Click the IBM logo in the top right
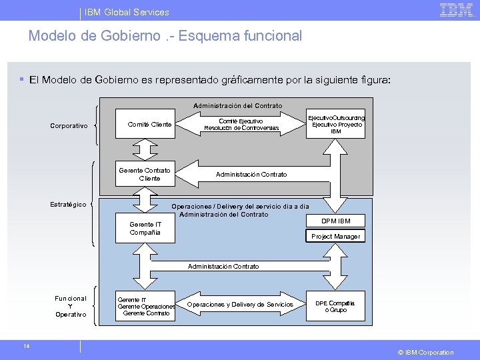pyautogui.click(x=456, y=10)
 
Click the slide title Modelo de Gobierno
pyautogui.click(x=165, y=36)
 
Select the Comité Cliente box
pyautogui.click(x=149, y=124)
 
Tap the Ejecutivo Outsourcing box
pyautogui.click(x=335, y=124)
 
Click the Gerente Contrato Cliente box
pyautogui.click(x=145, y=174)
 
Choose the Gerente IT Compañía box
pyautogui.click(x=145, y=228)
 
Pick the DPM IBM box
pyautogui.click(x=335, y=221)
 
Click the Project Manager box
pyautogui.click(x=335, y=236)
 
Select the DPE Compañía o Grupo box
pyautogui.click(x=335, y=306)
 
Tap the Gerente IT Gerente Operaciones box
pyautogui.click(x=146, y=307)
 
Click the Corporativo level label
pyautogui.click(x=69, y=126)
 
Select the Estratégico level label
pyautogui.click(x=68, y=204)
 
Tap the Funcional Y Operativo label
pyautogui.click(x=71, y=306)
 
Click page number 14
pyautogui.click(x=26, y=345)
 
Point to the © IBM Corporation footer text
pyautogui.click(x=425, y=352)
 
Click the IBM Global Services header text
pyautogui.click(x=127, y=12)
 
